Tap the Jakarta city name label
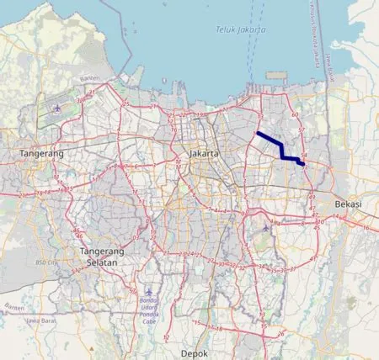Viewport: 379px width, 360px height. coord(204,154)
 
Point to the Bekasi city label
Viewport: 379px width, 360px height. coord(347,204)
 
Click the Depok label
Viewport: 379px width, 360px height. coord(193,352)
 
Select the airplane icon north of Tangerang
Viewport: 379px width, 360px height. coord(56,109)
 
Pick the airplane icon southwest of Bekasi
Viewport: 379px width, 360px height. coord(267,225)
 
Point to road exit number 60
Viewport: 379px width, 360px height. coord(295,114)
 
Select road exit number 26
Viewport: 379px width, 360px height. coord(280,333)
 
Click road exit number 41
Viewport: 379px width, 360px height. coord(315,258)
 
